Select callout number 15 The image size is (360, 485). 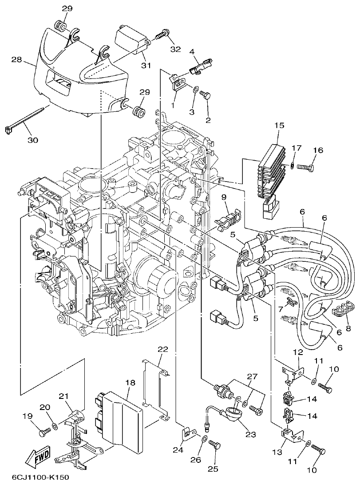(279, 126)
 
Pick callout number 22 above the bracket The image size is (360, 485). (163, 349)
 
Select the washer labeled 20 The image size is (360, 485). (55, 426)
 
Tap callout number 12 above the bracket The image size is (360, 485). (298, 352)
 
